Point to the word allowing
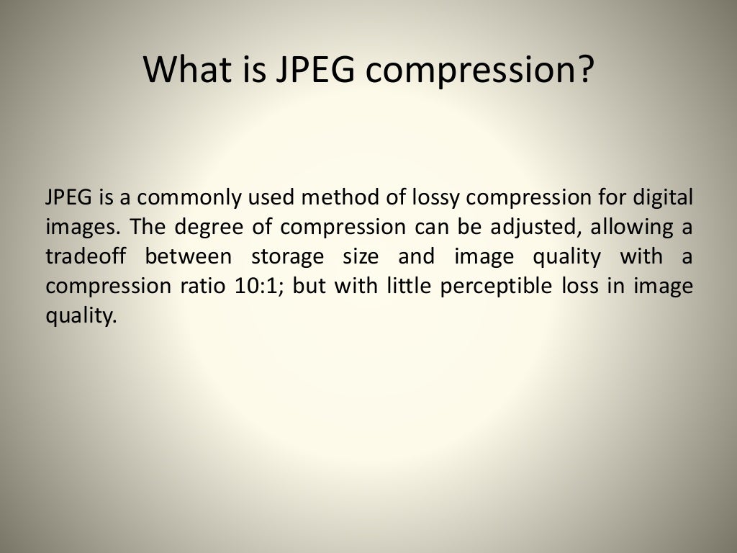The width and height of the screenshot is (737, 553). click(x=634, y=227)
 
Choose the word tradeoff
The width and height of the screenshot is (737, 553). click(x=85, y=256)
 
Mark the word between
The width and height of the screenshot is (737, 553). click(x=189, y=256)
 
